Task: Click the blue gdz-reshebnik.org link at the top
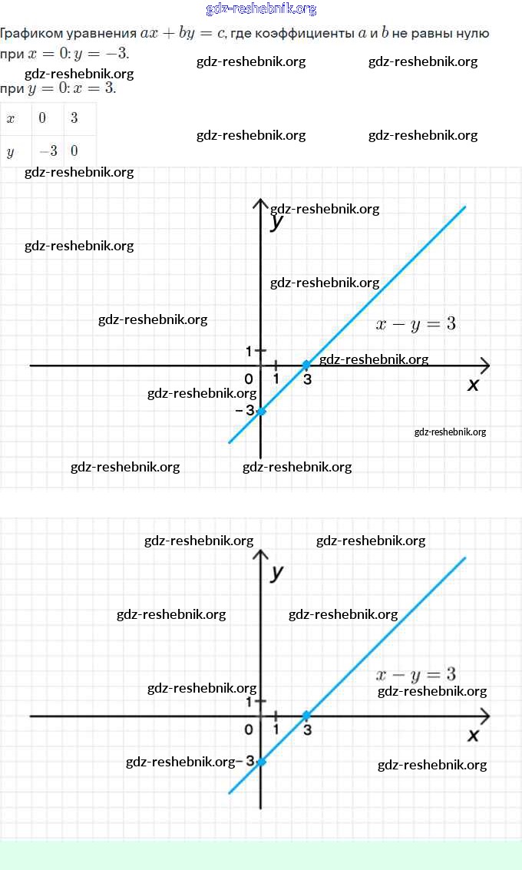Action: click(261, 9)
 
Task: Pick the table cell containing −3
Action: click(48, 151)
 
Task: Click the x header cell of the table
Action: click(11, 118)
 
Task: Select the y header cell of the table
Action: click(11, 151)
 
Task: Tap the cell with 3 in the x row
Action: click(74, 118)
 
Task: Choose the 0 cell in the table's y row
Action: click(74, 151)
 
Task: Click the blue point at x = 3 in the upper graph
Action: click(306, 365)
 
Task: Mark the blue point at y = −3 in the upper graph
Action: click(261, 412)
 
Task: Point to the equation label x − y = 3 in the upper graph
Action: click(416, 324)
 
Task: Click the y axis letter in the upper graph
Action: click(277, 223)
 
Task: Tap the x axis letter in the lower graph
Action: click(474, 736)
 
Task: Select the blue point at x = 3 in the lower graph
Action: click(306, 716)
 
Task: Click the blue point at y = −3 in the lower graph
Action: click(261, 762)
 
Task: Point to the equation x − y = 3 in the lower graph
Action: click(416, 675)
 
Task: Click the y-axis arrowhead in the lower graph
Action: click(261, 554)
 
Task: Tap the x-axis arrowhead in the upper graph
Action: click(484, 366)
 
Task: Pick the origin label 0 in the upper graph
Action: click(249, 379)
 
